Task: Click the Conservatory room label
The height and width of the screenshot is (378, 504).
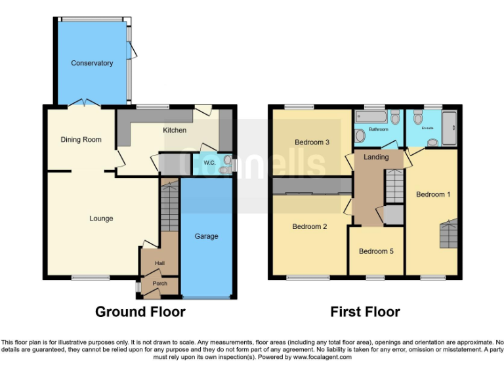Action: coord(92,63)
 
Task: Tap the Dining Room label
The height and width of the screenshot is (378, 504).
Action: coord(81,139)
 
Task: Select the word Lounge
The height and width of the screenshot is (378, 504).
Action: coord(101,219)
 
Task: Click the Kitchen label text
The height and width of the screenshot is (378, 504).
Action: coord(175,130)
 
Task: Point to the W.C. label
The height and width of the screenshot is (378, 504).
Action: coord(210,163)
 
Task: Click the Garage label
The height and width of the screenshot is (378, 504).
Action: coord(206,236)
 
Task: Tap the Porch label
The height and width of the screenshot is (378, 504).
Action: coord(160,284)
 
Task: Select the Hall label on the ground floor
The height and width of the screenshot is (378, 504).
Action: coord(160,263)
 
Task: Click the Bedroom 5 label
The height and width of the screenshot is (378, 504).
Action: coord(376,251)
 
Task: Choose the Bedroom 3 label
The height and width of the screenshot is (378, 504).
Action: coord(312,142)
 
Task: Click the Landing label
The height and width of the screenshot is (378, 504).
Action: coord(376,157)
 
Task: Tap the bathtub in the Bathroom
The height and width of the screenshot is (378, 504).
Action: coord(371,118)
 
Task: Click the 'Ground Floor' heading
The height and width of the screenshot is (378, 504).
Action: coord(140,312)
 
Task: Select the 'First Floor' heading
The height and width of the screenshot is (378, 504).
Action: coord(365,312)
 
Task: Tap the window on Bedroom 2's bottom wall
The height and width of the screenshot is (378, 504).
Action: coord(308,278)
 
